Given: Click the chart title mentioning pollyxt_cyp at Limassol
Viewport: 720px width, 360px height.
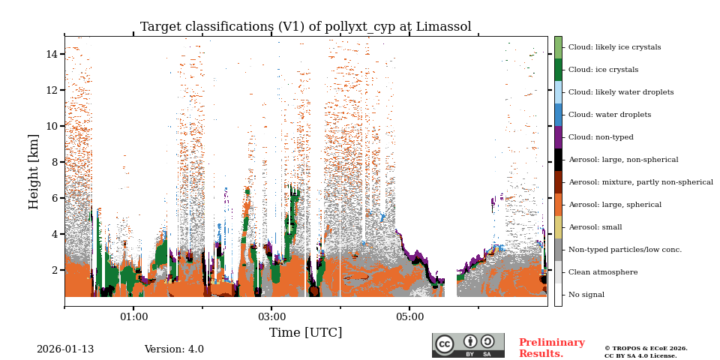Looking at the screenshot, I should coord(305,27).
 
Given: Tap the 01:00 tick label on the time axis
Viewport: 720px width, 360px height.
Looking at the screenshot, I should coord(133,317).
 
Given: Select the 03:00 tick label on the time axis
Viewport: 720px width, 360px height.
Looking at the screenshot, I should coord(271,317).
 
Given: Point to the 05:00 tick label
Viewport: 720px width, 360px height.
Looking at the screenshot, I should coord(409,317).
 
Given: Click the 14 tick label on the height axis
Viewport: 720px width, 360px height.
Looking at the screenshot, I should coord(52,54).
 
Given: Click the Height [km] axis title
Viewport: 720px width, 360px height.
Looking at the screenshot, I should coord(34,171).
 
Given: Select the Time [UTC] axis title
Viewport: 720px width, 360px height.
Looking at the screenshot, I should coord(305,332).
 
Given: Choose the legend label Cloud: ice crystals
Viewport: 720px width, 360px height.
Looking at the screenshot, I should coord(603,70).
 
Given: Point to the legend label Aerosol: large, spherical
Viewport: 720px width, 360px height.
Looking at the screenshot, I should coord(614,205).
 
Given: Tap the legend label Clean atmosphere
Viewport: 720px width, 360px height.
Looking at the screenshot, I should coord(602,272).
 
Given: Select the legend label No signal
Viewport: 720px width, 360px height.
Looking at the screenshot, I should coord(586,295).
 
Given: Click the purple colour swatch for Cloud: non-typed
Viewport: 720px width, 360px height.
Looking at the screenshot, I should coord(558,137).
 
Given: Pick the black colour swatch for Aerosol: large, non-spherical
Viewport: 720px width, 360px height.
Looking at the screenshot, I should coord(558,160).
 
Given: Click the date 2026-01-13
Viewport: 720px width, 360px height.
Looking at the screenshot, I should coord(65,349).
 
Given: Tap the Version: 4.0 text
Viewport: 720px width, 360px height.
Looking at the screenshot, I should coord(174,349).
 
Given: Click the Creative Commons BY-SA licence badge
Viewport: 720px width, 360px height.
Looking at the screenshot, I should coord(468,345).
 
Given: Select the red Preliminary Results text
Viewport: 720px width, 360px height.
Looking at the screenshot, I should coord(551,348).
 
